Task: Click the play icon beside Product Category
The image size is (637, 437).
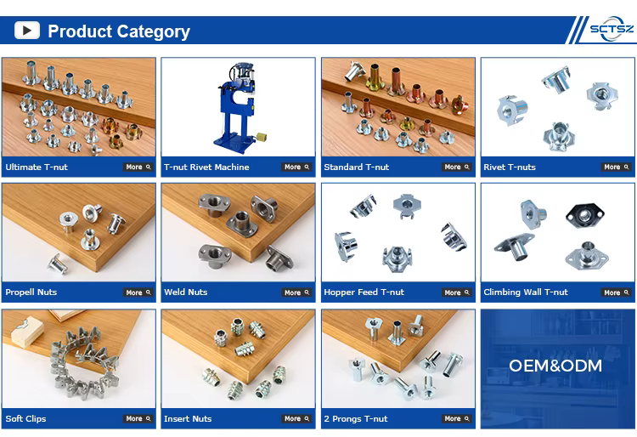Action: [27, 31]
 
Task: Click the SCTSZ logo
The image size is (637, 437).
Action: [612, 29]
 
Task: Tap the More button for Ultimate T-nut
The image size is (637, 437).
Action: [138, 167]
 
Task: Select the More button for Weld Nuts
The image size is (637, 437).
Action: [296, 292]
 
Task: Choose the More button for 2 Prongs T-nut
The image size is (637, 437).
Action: [457, 418]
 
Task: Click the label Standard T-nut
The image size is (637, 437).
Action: [356, 167]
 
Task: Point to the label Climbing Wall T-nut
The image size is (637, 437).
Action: [526, 292]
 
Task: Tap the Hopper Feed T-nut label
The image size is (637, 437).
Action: [364, 292]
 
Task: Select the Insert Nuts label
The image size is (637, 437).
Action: [188, 418]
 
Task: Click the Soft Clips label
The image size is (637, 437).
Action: [25, 418]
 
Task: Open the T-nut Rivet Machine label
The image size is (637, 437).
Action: [206, 167]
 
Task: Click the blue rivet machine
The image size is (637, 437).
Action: [238, 108]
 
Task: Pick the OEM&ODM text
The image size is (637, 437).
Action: [555, 366]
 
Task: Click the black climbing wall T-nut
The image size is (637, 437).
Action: [584, 215]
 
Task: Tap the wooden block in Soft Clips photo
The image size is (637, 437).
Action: [27, 332]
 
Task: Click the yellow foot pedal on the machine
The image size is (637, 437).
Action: [262, 138]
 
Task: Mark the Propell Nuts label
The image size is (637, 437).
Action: [31, 292]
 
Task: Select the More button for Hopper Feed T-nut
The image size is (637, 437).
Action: [457, 292]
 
